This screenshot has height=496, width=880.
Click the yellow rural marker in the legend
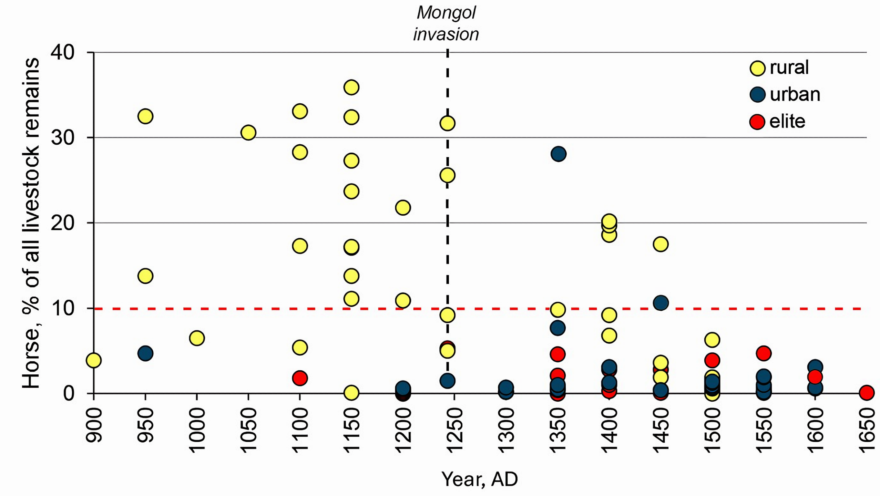tap(757, 68)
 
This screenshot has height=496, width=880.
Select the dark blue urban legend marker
tap(757, 95)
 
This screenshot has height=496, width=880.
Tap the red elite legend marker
tap(757, 122)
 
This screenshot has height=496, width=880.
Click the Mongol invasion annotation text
tap(446, 24)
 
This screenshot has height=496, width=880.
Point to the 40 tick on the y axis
tap(63, 52)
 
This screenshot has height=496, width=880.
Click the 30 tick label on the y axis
tap(63, 138)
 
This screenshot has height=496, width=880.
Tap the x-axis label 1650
tap(867, 429)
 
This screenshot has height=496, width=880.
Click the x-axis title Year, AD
tap(480, 479)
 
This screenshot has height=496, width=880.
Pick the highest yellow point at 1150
tap(351, 87)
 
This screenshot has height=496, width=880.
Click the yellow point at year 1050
tap(248, 133)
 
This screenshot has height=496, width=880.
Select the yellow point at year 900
tap(94, 360)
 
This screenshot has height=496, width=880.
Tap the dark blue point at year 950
tap(145, 353)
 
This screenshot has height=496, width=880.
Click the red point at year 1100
tap(300, 378)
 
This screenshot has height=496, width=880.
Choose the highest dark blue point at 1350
tap(558, 154)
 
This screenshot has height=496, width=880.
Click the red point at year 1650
tap(867, 392)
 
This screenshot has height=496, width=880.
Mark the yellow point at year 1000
tap(197, 338)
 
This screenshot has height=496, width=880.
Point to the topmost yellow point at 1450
tap(661, 244)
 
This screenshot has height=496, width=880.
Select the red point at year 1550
tap(764, 353)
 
